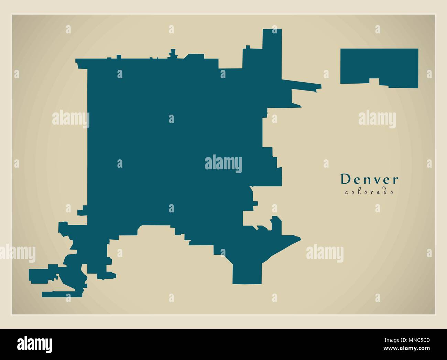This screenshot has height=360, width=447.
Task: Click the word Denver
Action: point(369,179)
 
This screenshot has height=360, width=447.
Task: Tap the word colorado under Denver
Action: point(369,192)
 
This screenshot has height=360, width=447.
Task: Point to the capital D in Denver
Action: point(344,179)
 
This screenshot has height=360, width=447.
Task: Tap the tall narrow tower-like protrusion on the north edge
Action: point(272,48)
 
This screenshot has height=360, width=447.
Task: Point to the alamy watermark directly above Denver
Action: point(377,119)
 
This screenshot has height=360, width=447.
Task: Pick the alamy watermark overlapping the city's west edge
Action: point(70,119)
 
